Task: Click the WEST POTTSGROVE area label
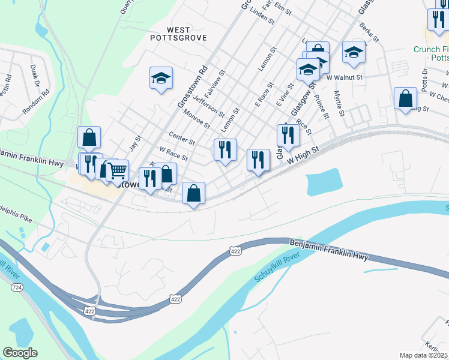pos(178,34)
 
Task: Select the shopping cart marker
pos(117,170)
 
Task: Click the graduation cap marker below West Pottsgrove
pos(161,78)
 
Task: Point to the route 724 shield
pos(17,288)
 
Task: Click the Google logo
pos(20,353)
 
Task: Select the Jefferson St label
pos(209,102)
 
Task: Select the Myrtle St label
pos(339,104)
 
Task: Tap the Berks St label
pos(369,32)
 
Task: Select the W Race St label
pos(173,155)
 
